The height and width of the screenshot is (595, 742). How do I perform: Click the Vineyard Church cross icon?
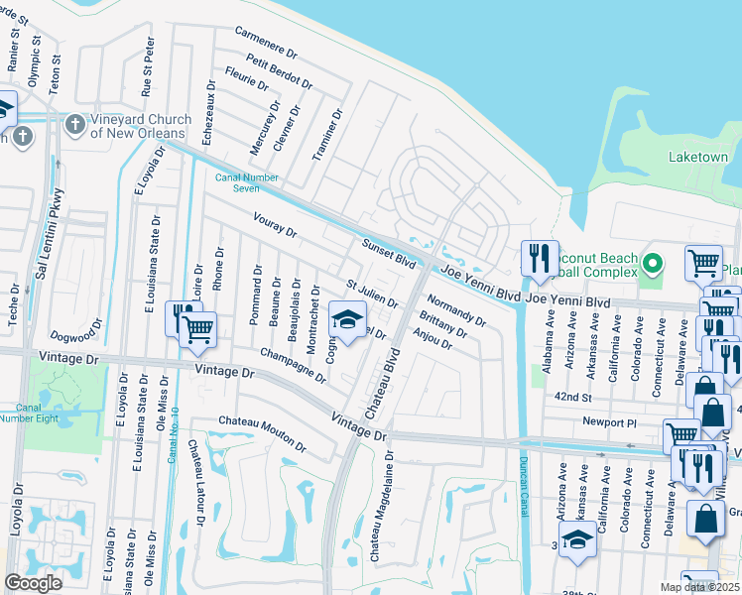click(x=74, y=125)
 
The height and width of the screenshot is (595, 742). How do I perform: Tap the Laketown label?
click(x=697, y=158)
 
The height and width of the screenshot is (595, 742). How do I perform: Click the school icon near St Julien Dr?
click(x=346, y=319)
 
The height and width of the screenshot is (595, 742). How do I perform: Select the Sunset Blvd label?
click(x=388, y=253)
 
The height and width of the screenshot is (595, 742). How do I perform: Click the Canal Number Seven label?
click(x=237, y=183)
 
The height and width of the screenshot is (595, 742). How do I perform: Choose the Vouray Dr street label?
click(x=275, y=225)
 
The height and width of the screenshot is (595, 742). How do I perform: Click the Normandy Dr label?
click(x=456, y=310)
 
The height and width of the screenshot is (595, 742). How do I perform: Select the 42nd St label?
click(x=573, y=397)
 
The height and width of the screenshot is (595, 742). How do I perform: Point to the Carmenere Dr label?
click(x=267, y=42)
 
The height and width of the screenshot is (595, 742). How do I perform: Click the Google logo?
click(x=33, y=583)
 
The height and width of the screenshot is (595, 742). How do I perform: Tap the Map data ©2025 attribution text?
click(x=700, y=587)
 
